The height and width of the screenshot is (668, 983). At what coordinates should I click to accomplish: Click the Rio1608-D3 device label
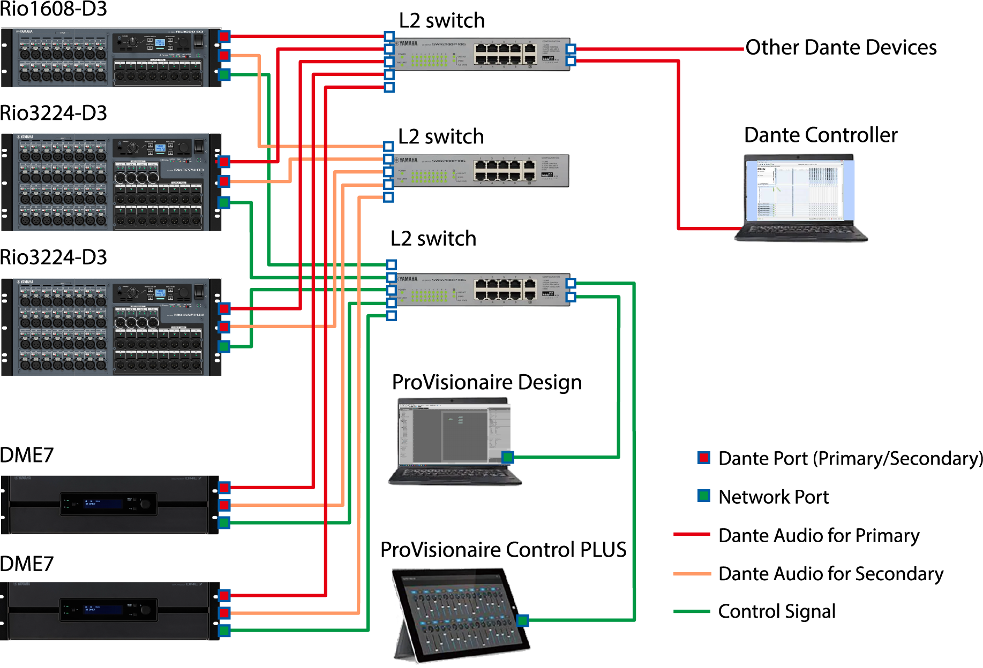click(x=54, y=10)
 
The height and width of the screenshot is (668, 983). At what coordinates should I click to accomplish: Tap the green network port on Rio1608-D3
click(x=224, y=74)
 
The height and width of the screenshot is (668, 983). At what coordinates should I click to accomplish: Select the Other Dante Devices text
click(x=841, y=48)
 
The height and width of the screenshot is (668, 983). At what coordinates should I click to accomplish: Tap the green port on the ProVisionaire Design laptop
click(x=507, y=457)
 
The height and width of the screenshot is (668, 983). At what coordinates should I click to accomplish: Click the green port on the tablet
click(x=522, y=620)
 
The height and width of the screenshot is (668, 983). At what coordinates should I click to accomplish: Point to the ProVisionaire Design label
click(x=486, y=383)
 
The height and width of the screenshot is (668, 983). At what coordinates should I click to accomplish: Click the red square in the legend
click(x=703, y=458)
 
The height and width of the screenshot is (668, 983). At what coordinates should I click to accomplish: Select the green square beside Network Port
click(x=703, y=496)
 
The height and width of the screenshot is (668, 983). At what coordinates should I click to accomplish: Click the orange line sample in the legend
click(x=691, y=574)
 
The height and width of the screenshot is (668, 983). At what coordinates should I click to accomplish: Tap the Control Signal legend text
click(x=776, y=611)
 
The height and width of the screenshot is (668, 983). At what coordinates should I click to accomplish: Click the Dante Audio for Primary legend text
click(x=818, y=535)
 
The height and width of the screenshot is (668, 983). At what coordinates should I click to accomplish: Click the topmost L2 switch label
click(x=441, y=21)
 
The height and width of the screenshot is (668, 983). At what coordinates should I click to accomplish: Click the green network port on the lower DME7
click(x=224, y=630)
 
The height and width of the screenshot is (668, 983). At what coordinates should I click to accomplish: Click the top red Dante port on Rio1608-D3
click(x=224, y=36)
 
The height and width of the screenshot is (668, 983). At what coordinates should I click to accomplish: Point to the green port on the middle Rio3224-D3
click(x=224, y=202)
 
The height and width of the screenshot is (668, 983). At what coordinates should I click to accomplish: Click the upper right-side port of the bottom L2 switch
click(x=571, y=283)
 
